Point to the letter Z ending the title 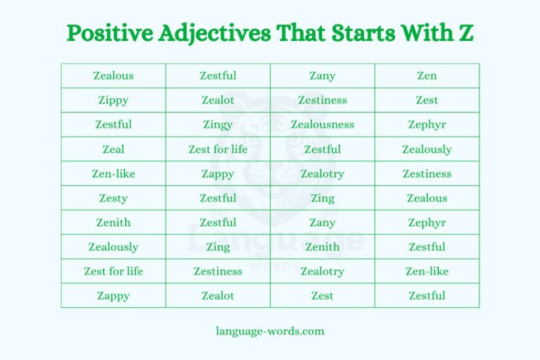coord(463,33)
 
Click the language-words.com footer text coord(270,330)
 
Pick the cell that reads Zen coord(427,76)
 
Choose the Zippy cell coord(113,100)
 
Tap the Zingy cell coord(218,124)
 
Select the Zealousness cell coord(323,124)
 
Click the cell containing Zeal coord(113,149)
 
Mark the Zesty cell coord(113,198)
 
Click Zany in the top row coord(323,76)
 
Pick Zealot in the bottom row coord(218,296)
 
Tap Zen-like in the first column coord(113,174)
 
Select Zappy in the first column coord(113,296)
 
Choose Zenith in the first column coord(113,223)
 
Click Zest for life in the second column coord(218,149)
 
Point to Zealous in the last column coord(427,198)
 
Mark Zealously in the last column coord(427,149)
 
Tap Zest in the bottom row coord(323,296)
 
